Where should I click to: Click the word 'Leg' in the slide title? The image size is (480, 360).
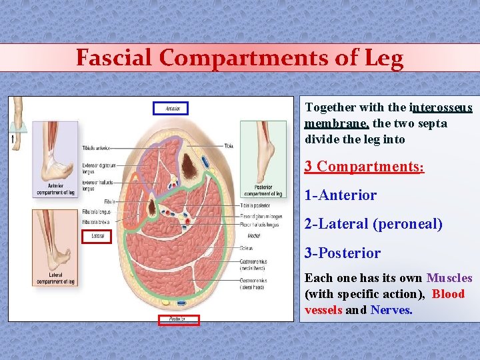click(383, 58)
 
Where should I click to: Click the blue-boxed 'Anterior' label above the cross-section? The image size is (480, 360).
click(171, 108)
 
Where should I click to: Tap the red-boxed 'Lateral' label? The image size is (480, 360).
click(97, 236)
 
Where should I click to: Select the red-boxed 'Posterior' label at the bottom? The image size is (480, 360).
click(178, 320)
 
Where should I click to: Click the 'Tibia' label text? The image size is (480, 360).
click(229, 145)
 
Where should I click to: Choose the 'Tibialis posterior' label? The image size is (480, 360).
click(253, 205)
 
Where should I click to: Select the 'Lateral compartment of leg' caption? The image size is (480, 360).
click(55, 278)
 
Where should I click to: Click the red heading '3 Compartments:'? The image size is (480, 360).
click(364, 166)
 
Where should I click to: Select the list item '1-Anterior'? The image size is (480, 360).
click(340, 195)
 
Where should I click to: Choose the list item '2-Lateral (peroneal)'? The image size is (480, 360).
click(373, 224)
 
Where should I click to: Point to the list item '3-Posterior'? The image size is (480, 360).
click(342, 253)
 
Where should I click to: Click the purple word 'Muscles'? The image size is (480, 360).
click(449, 278)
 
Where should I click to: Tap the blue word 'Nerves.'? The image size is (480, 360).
click(391, 310)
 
